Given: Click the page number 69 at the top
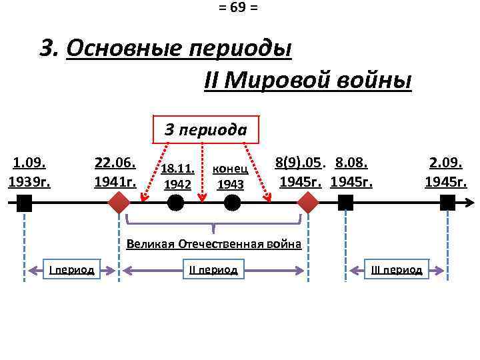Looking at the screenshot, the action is click(x=238, y=8).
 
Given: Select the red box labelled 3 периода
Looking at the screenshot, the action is click(x=205, y=129).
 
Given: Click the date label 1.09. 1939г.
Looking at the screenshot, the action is click(x=29, y=172).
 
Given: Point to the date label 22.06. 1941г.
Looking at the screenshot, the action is click(x=116, y=172).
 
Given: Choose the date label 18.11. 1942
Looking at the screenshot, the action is click(x=177, y=177).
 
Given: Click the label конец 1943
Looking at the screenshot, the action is click(x=230, y=177).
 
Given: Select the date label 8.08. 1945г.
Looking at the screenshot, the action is click(x=351, y=172).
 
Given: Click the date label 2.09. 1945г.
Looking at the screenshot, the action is click(x=446, y=172).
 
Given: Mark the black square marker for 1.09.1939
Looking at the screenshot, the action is click(x=24, y=203).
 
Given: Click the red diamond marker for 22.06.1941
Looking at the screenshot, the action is click(x=119, y=203).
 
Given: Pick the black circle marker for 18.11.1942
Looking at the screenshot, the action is click(x=176, y=203).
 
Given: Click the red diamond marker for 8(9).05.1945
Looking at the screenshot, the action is click(x=309, y=203).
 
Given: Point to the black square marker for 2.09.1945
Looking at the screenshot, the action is click(x=447, y=203).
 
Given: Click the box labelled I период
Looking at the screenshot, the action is click(x=71, y=270).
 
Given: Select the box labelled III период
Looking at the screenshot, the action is click(x=397, y=270).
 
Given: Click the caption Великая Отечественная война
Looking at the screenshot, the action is click(x=213, y=244).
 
